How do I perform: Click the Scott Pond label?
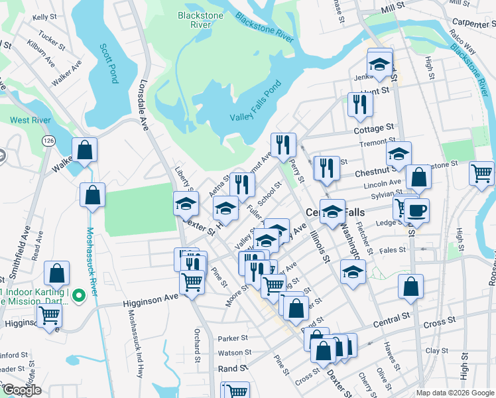click(108, 64)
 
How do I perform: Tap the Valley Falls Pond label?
click(256, 101)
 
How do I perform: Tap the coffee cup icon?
click(416, 211)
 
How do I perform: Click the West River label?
click(28, 120)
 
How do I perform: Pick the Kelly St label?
click(44, 17)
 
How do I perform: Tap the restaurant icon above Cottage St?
click(360, 104)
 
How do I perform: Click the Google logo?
click(22, 390)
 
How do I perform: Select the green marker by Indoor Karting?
click(78, 295)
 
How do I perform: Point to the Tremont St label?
click(372, 144)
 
